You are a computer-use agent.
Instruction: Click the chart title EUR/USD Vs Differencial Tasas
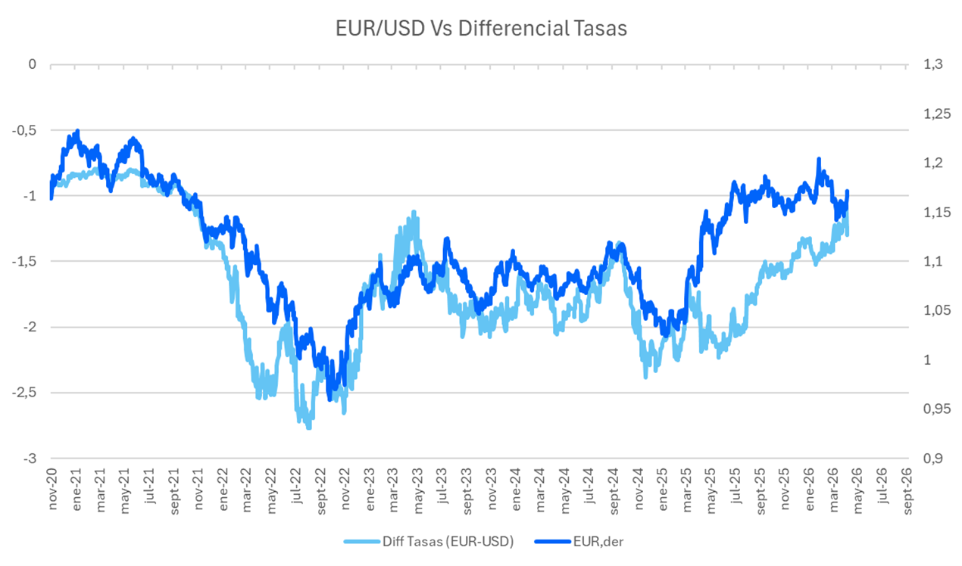(482, 28)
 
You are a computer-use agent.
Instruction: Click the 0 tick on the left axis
(33, 64)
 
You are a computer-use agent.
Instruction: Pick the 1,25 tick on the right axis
(932, 114)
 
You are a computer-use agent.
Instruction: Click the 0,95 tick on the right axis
(932, 409)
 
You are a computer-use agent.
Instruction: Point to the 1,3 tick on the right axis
(930, 64)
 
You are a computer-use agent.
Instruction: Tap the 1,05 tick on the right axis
(932, 311)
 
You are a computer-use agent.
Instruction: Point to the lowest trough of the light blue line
(308, 428)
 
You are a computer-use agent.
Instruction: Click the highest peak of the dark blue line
(77, 131)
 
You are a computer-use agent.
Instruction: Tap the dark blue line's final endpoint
(848, 191)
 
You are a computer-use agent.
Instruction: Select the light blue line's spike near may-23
(414, 212)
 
